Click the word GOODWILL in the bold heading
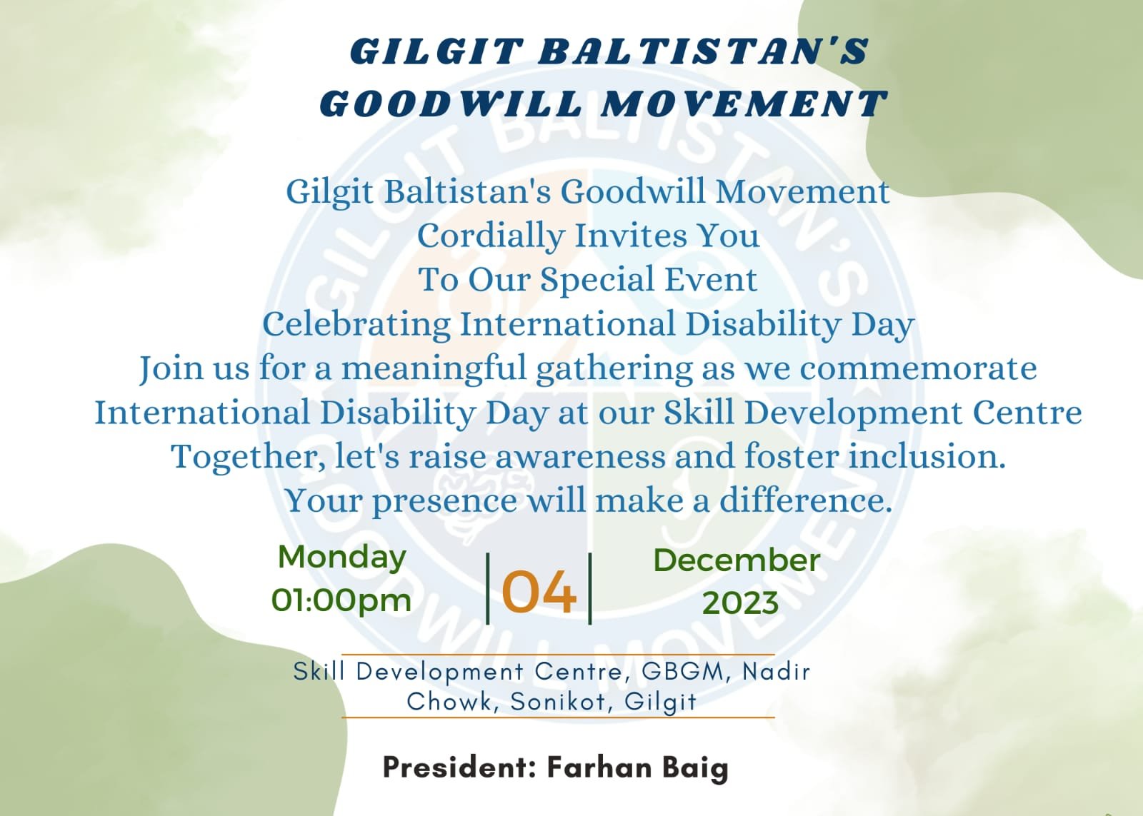451,104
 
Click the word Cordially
491,237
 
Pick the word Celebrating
356,325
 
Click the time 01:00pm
341,600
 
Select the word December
737,560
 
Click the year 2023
740,604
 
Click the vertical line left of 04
488,588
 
